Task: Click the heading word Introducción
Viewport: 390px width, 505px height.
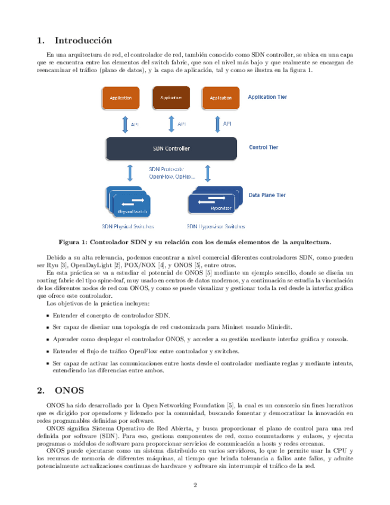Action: tap(83, 40)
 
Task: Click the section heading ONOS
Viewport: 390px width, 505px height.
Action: tap(70, 391)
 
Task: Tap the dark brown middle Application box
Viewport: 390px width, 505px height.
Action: tap(171, 97)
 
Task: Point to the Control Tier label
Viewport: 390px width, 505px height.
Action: tap(263, 147)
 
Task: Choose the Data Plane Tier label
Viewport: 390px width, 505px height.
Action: tap(267, 195)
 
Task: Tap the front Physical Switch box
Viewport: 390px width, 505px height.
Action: tap(133, 209)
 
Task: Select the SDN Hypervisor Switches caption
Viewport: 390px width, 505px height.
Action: tap(216, 226)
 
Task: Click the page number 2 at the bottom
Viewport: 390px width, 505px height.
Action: tap(195, 485)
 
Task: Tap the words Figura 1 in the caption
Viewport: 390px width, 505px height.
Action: tap(72, 242)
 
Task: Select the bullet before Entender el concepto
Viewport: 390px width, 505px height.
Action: tap(48, 314)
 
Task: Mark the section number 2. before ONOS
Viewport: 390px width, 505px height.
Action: tap(41, 391)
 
